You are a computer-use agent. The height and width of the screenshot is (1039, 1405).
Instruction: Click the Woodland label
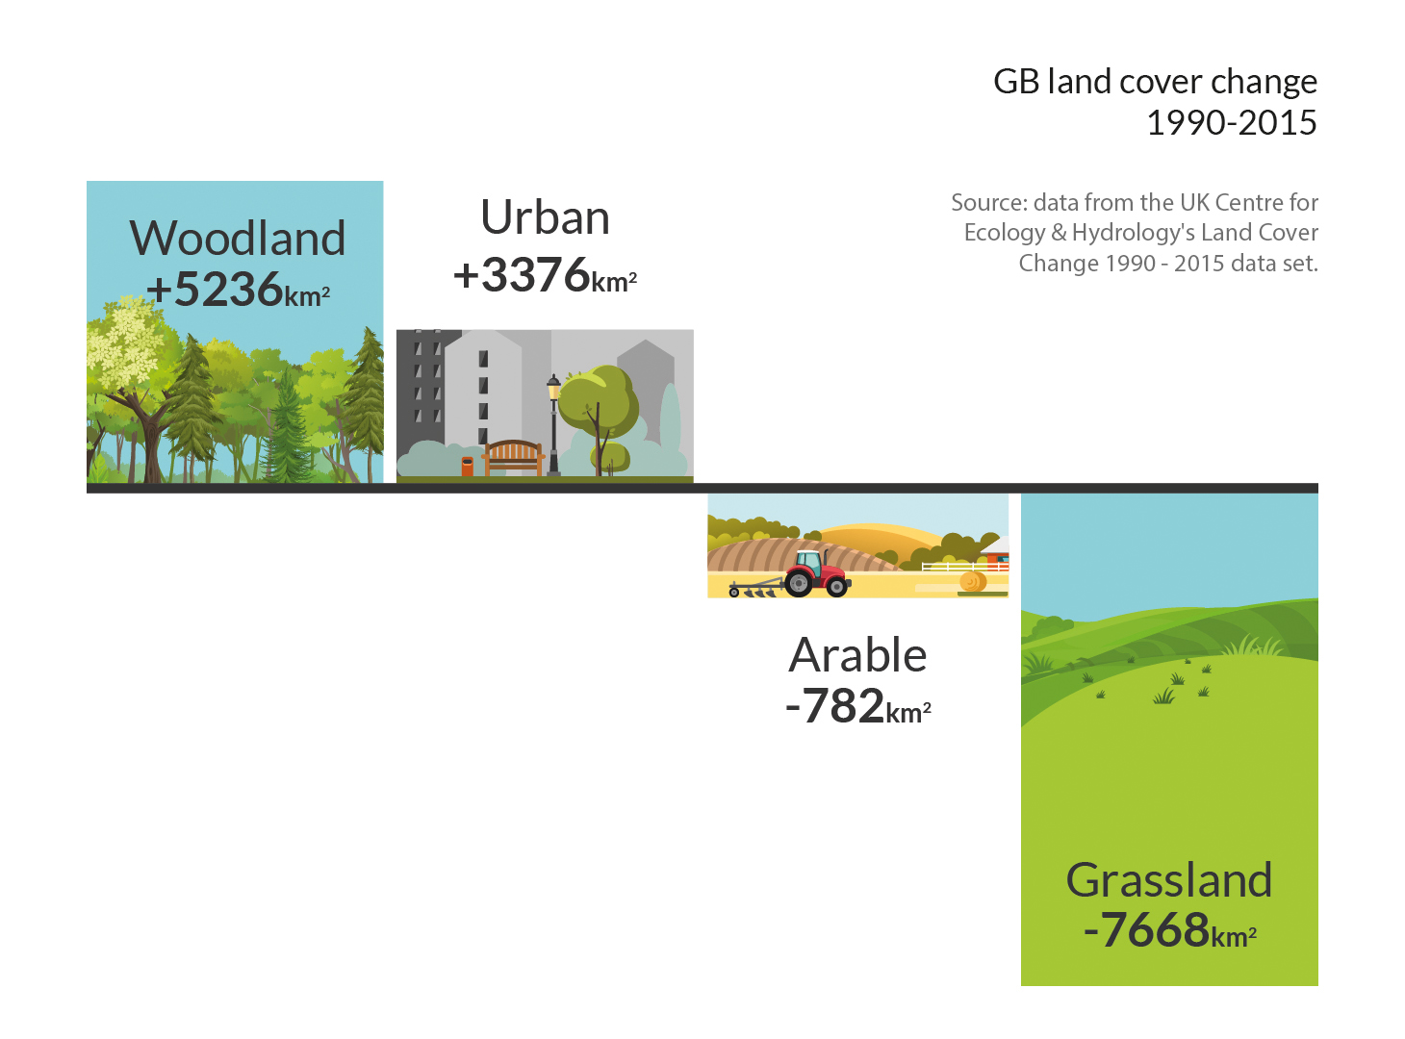[238, 238]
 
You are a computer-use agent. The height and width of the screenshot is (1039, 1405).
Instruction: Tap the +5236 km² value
[238, 290]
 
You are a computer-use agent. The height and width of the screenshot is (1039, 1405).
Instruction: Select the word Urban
[545, 217]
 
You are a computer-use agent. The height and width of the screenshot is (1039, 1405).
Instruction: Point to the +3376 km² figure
[545, 275]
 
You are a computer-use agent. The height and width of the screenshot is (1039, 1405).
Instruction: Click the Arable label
[857, 655]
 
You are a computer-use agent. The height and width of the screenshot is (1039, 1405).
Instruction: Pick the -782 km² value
[857, 707]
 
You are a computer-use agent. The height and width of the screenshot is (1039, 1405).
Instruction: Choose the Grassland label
[1168, 880]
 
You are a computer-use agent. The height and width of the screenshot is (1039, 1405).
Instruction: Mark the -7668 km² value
[1168, 930]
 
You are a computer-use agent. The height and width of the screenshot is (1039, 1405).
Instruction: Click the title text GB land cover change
[1155, 82]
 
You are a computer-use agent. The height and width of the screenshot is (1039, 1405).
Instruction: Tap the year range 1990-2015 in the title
[1231, 123]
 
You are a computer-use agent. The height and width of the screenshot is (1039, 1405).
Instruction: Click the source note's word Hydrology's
[1132, 233]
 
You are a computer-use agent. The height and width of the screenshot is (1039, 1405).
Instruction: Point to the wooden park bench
[513, 457]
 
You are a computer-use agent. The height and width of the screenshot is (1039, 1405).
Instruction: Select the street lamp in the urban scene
[554, 423]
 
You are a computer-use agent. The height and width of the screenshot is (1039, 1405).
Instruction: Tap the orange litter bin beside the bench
[468, 467]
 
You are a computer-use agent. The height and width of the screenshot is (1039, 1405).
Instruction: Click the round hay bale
[972, 582]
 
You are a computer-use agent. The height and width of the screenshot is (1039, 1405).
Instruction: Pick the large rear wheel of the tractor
[799, 581]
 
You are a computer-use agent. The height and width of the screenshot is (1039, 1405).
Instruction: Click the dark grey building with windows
[423, 385]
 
